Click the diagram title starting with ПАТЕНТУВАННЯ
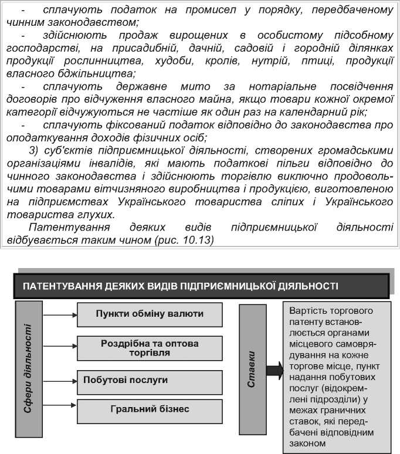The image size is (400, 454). tap(181, 286)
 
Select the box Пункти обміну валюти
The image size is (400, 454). tap(150, 314)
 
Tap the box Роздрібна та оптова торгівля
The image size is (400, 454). tap(150, 348)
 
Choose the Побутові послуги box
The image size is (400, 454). tap(150, 381)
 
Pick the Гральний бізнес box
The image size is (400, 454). tap(150, 409)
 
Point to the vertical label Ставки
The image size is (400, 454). tap(252, 370)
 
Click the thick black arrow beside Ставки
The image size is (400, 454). tap(274, 370)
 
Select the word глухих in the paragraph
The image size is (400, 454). tap(94, 215)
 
